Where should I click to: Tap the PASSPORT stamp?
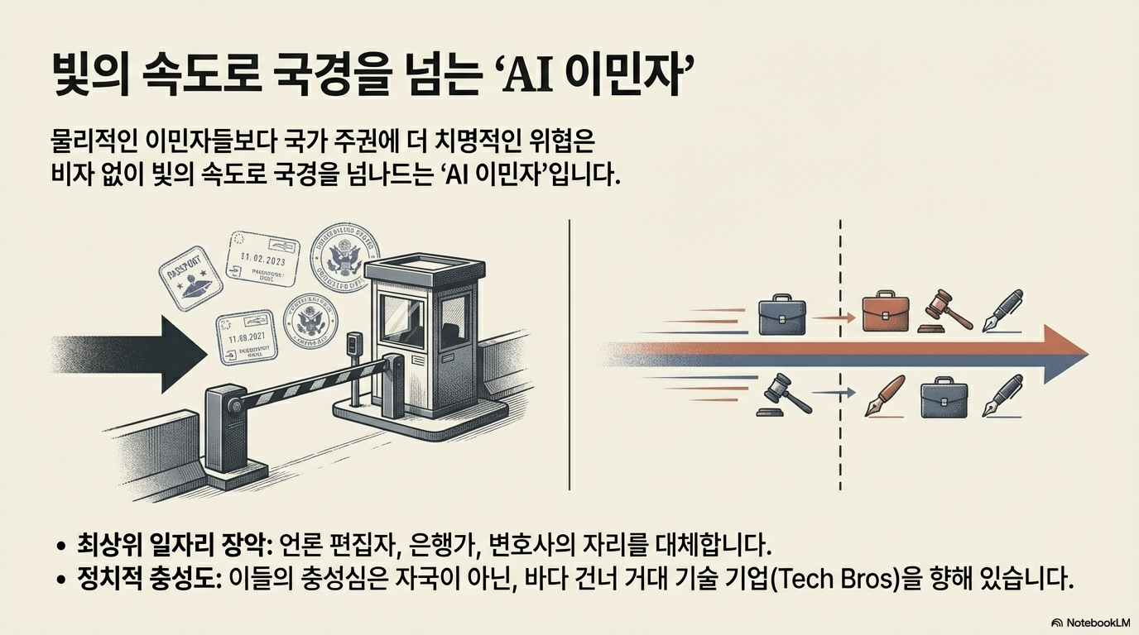[x=191, y=277]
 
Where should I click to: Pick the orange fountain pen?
[x=883, y=396]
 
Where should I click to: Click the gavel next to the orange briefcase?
[x=944, y=310]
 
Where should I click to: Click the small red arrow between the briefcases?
[x=832, y=317]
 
